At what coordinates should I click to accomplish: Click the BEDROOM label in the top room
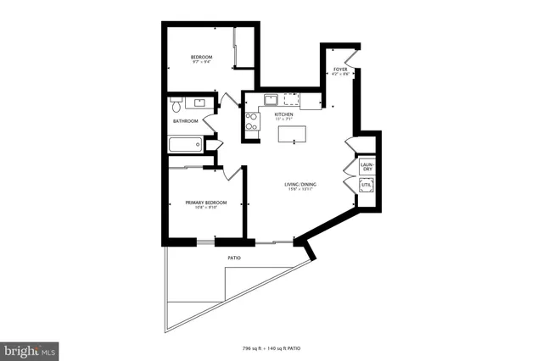click(x=201, y=57)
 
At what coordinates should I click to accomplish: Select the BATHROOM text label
click(x=186, y=121)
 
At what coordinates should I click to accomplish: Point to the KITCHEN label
click(x=283, y=114)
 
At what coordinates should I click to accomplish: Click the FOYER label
click(x=339, y=69)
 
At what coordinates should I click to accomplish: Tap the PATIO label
click(x=234, y=257)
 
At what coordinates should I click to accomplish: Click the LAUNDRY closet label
click(x=367, y=167)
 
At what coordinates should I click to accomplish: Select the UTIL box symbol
click(x=367, y=186)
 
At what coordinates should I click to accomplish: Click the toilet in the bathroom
click(x=176, y=106)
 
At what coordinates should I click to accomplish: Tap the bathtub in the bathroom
click(x=185, y=145)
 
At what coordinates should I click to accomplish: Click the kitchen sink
click(x=271, y=99)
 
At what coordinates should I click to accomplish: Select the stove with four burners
click(x=251, y=123)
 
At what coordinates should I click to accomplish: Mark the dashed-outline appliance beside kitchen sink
click(x=293, y=98)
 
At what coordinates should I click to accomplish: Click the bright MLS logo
click(x=30, y=349)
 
